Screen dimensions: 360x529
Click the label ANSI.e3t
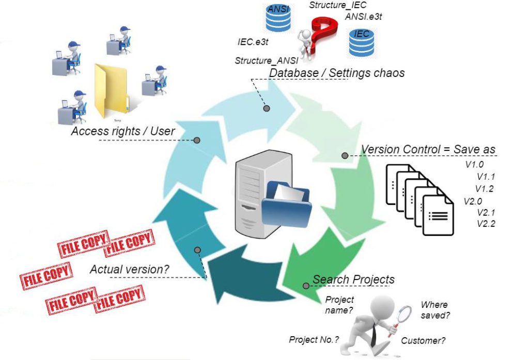click(363, 17)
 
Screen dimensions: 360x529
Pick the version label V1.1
click(486, 177)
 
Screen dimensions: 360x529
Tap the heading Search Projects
click(353, 279)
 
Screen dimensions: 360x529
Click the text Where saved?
click(435, 310)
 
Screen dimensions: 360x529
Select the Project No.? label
click(314, 339)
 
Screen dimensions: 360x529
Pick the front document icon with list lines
click(438, 217)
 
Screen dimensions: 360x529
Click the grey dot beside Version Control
click(345, 155)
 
